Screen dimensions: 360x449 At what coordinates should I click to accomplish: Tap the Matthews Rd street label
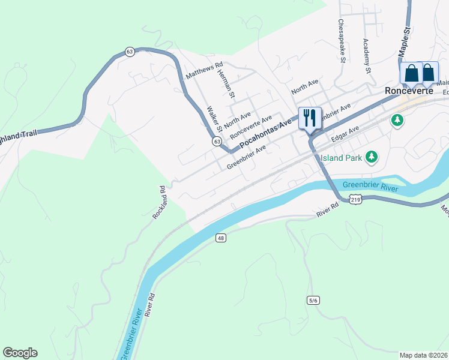tap(204, 71)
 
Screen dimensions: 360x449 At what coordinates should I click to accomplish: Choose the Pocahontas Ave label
tap(265, 134)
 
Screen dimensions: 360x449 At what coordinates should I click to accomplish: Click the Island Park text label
tap(340, 158)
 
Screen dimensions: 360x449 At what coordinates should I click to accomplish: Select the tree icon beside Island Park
tap(372, 157)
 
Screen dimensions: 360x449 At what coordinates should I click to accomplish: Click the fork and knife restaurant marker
tap(310, 118)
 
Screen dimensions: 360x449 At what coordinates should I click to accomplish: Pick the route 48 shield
tap(221, 238)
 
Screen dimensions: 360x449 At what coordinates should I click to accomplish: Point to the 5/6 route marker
tap(312, 300)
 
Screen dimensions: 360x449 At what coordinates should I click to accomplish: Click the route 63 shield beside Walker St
tap(217, 141)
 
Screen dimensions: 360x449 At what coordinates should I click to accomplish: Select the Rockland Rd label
tap(160, 202)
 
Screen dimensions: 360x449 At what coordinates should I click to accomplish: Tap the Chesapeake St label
tap(342, 41)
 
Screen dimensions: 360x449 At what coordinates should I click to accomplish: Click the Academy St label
tap(366, 55)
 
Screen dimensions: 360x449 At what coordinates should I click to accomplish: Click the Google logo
tap(20, 353)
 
